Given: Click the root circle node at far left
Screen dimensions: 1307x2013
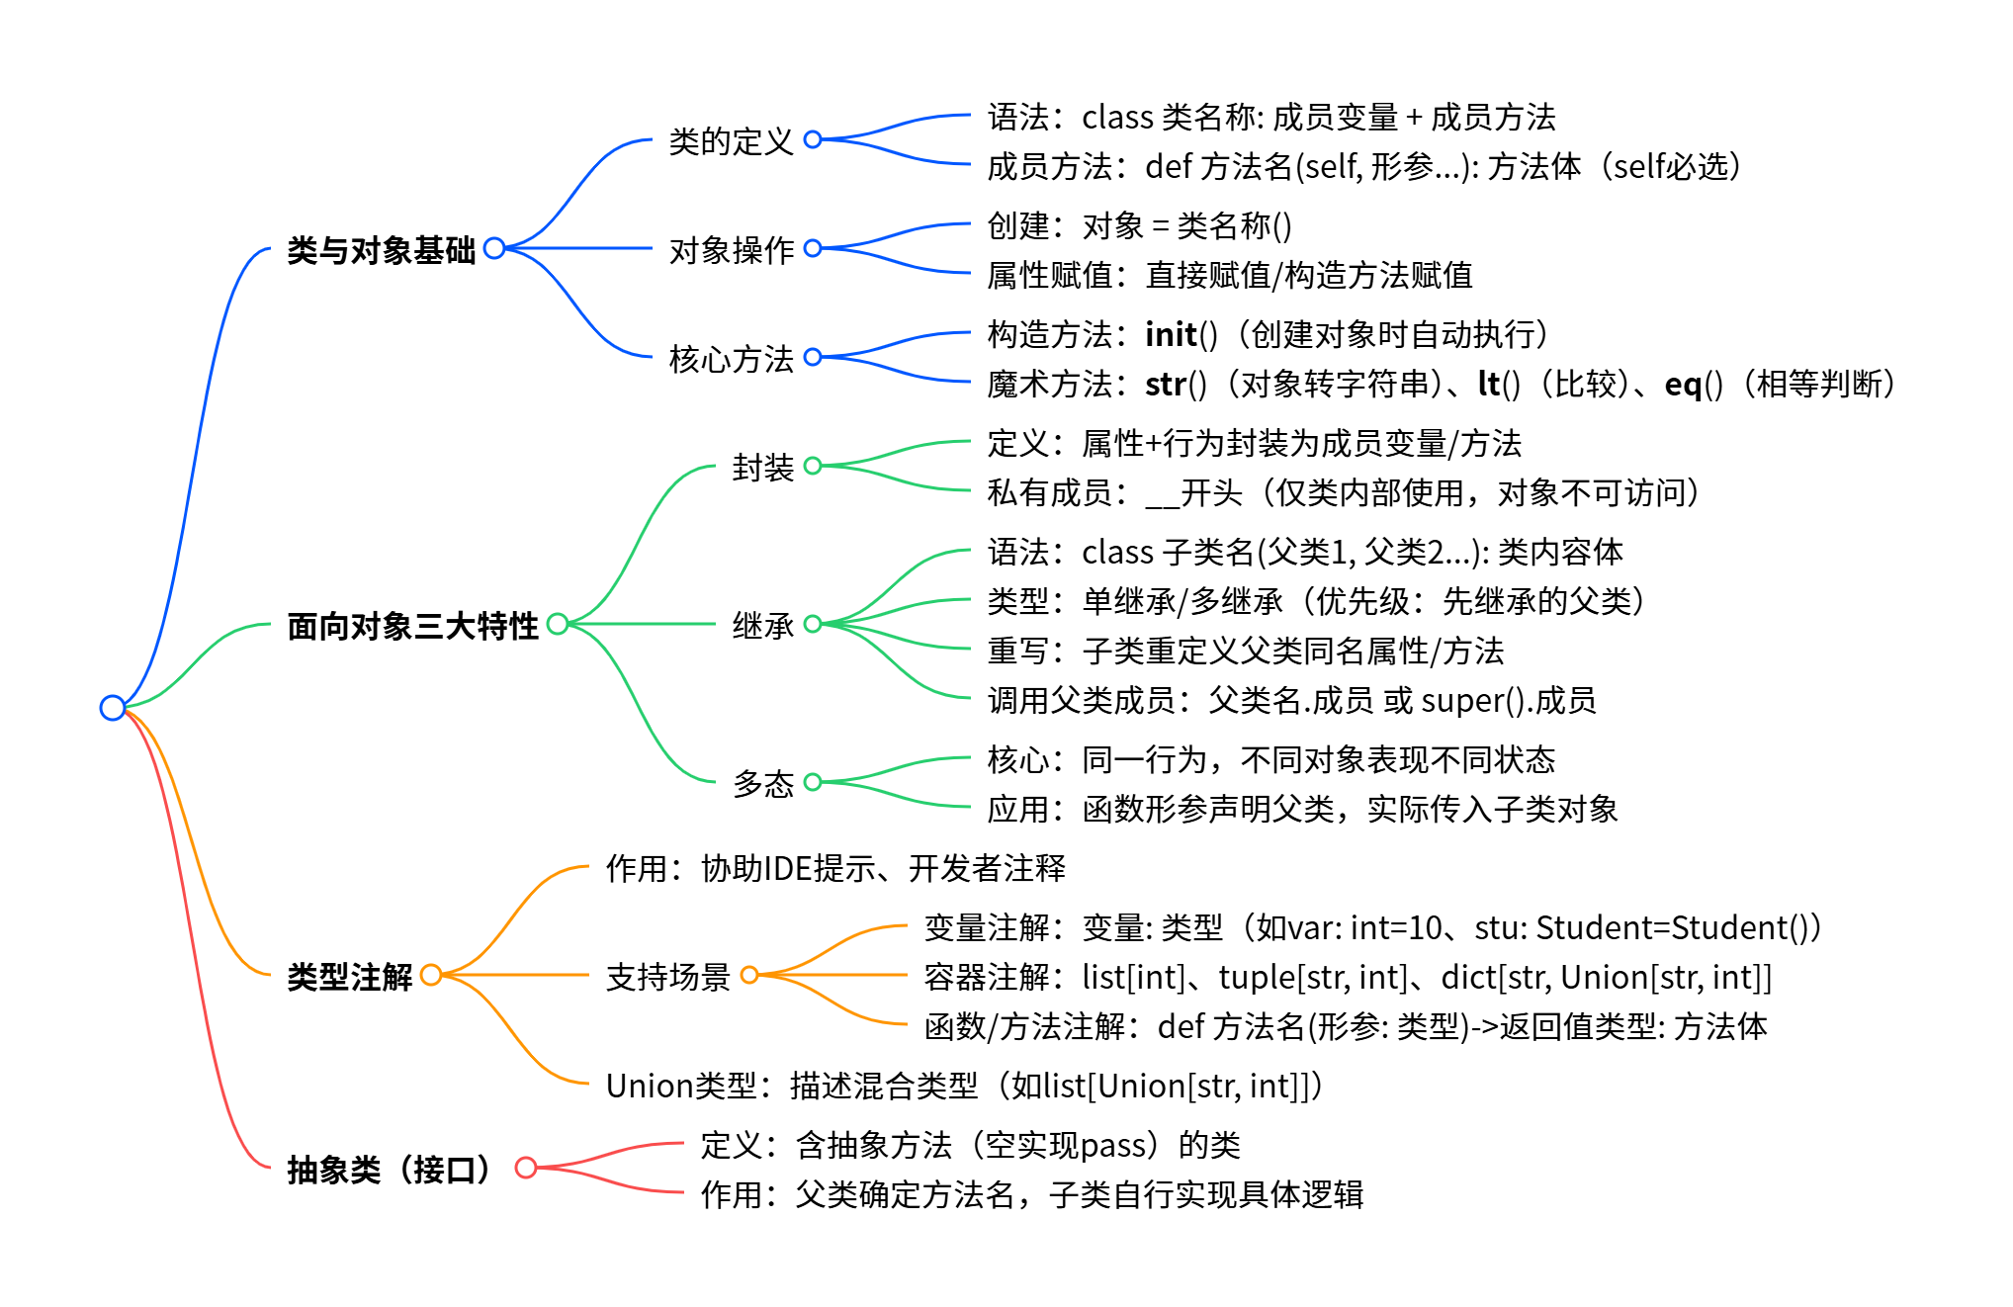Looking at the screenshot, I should [x=113, y=708].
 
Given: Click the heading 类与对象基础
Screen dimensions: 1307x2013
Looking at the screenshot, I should [x=381, y=250].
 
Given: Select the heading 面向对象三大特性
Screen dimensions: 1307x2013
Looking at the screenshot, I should [x=412, y=626].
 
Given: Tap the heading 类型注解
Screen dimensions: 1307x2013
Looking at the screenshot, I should [x=349, y=977].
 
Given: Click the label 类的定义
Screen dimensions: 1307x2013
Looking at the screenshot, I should [x=731, y=141].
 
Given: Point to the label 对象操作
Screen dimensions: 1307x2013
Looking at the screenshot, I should [x=731, y=250].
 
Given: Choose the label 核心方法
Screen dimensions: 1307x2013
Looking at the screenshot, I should [x=731, y=359].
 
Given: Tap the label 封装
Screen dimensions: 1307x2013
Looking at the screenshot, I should [x=762, y=468].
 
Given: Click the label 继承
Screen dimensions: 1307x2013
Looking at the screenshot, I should [x=762, y=626].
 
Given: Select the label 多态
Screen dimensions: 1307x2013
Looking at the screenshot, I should [x=762, y=784].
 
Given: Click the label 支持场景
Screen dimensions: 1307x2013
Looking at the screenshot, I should [x=667, y=977].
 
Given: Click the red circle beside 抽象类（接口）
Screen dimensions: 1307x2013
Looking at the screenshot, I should [x=526, y=1168].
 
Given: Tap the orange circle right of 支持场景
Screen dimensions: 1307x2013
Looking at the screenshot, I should [x=749, y=975].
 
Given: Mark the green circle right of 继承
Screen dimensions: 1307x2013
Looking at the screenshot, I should [x=813, y=624].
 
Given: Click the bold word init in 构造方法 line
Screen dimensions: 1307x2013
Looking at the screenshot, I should [x=1171, y=335].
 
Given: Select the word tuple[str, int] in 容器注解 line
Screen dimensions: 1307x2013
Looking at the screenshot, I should [x=1312, y=978].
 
